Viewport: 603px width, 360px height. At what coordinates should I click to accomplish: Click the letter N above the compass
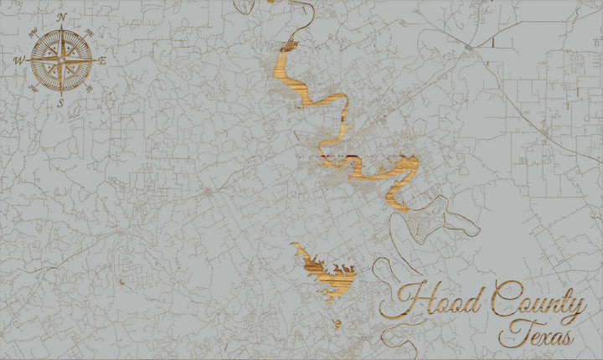pos(61,16)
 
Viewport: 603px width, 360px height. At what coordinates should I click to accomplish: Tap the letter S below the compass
pos(60,103)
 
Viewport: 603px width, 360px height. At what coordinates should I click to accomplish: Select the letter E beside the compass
pos(102,60)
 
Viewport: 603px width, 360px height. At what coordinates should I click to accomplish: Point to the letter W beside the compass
pos(18,60)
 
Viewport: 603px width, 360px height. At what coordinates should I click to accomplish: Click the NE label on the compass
pos(90,32)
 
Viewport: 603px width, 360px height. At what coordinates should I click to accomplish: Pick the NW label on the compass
pos(33,32)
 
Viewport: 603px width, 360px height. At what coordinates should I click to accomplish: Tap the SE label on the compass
pos(89,88)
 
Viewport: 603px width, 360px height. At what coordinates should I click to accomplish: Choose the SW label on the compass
pos(33,88)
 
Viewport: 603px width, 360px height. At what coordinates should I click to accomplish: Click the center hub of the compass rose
pos(61,59)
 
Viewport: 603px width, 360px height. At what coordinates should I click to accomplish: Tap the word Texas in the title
pos(537,334)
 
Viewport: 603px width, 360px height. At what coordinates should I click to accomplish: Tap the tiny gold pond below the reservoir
pos(338,322)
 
